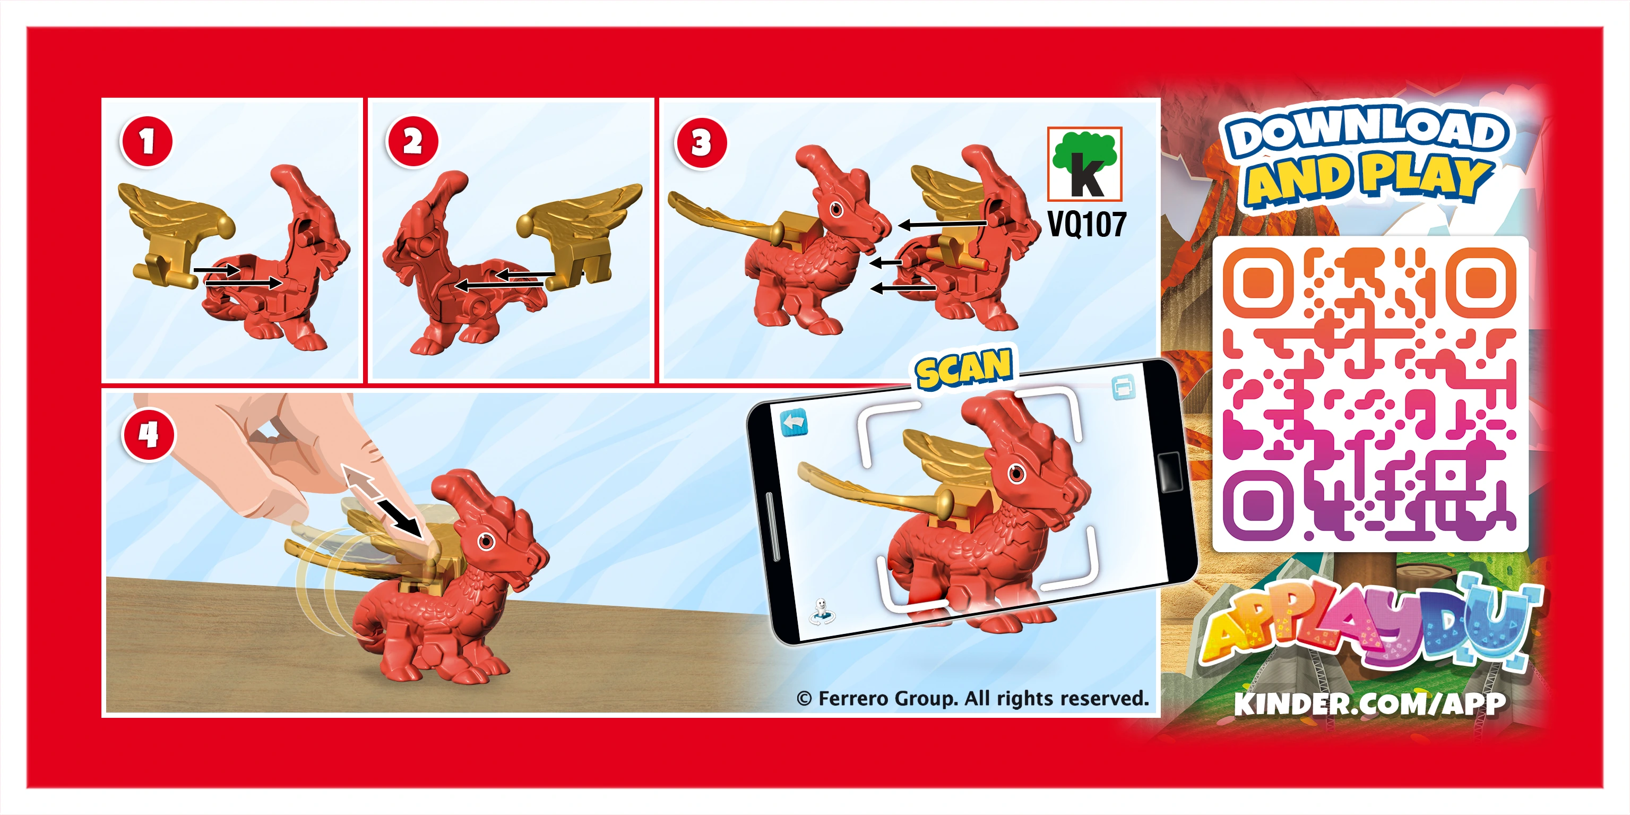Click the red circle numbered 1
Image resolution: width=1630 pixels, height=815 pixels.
pyautogui.click(x=146, y=141)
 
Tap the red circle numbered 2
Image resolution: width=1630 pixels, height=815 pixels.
pyautogui.click(x=412, y=141)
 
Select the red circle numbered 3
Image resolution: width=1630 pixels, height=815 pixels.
pyautogui.click(x=701, y=143)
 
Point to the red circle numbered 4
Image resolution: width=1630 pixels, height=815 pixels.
pyautogui.click(x=148, y=435)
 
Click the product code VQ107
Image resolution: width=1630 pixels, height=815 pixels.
pyautogui.click(x=1086, y=224)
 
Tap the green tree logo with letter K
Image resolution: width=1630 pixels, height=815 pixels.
pyautogui.click(x=1084, y=164)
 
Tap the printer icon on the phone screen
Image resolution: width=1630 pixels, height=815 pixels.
pyautogui.click(x=1123, y=387)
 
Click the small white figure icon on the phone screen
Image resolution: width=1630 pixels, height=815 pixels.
pyautogui.click(x=821, y=611)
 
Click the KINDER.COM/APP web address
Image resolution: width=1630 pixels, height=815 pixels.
pyautogui.click(x=1370, y=704)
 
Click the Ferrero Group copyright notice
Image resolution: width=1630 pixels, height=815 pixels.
pyautogui.click(x=972, y=698)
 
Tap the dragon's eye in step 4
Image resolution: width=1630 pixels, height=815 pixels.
pyautogui.click(x=486, y=542)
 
